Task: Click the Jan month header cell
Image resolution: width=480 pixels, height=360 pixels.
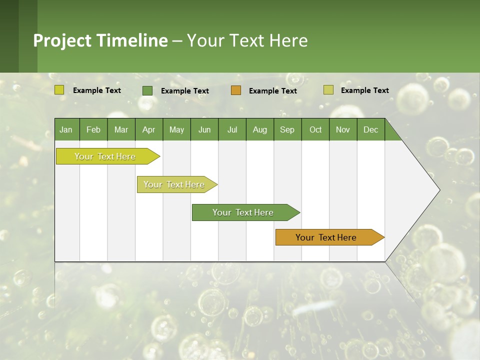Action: coord(66,130)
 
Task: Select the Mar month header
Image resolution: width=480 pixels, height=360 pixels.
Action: coord(121,130)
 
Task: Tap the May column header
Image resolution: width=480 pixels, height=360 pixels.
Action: coord(176,130)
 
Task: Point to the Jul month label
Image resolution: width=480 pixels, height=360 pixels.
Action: coord(232,130)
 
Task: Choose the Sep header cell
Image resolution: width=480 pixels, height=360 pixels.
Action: coord(287,130)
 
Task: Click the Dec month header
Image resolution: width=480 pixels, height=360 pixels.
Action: coord(370,130)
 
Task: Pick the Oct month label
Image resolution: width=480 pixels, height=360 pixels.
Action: coord(315,130)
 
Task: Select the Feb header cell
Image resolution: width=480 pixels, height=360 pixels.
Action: coord(93,130)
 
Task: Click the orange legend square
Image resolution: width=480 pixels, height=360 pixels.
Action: coord(236,90)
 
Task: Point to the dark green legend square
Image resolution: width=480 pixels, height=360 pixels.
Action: coord(147,90)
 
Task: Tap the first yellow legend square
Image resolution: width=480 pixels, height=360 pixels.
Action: coord(59,90)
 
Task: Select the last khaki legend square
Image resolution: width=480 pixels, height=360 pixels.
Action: coord(328,90)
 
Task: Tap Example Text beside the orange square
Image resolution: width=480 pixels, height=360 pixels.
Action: coord(272,91)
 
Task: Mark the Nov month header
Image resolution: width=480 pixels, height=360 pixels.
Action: coord(343,130)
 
